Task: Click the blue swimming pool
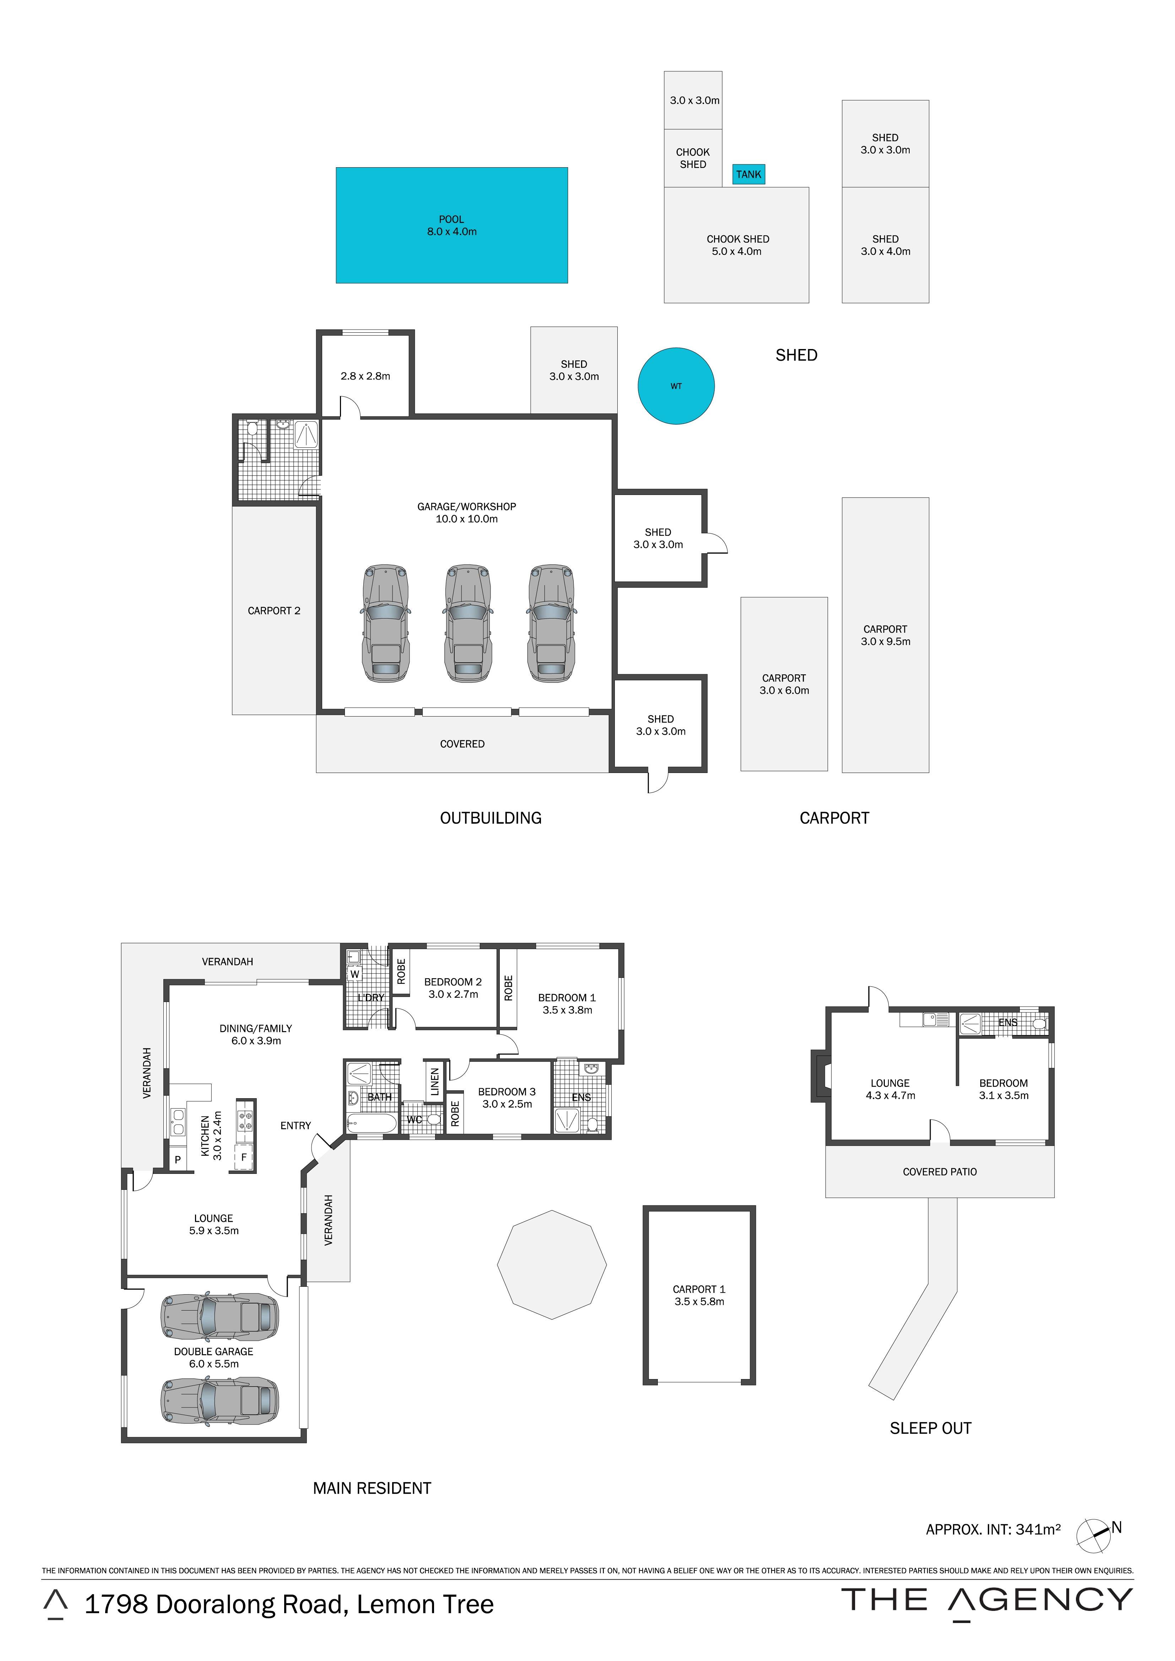pos(451,225)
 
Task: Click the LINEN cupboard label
pos(435,1082)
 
